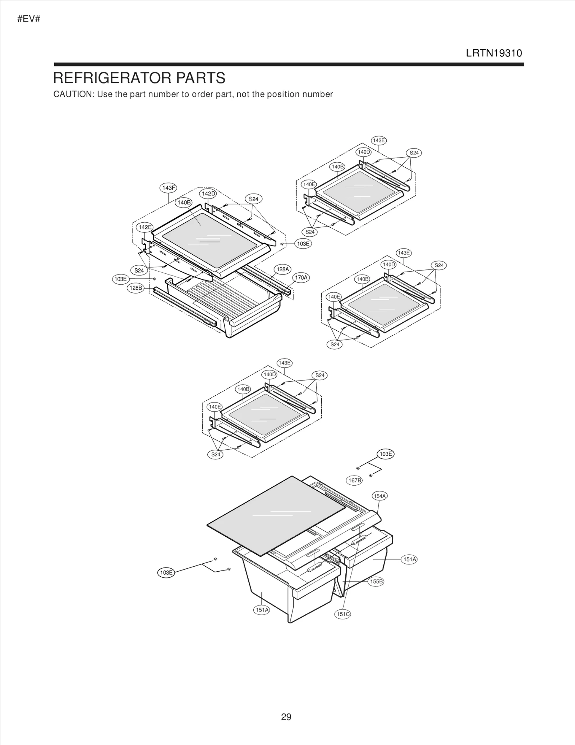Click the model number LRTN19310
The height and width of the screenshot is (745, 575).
494,53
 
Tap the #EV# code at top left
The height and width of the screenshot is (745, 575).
29,19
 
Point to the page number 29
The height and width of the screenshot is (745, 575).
286,717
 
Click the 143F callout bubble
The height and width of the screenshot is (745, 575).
168,188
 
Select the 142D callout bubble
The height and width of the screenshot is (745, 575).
208,194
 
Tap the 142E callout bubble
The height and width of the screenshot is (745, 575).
145,227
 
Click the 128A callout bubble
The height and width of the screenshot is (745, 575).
282,269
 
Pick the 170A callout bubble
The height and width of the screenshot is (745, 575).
301,277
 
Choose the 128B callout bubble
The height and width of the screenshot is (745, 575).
136,288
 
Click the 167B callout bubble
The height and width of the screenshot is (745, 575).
355,480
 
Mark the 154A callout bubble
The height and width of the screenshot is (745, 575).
380,496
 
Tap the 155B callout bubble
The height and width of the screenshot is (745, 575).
376,581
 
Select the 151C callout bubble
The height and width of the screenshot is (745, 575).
343,614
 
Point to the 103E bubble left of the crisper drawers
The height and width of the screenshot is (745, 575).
166,572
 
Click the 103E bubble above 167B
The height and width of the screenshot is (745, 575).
386,454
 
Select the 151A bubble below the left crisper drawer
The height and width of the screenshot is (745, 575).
262,610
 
